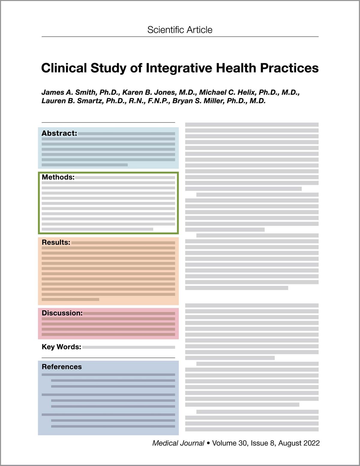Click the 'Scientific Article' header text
click(x=180, y=30)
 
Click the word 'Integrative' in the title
click(x=179, y=68)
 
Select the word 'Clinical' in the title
click(x=64, y=68)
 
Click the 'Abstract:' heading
click(x=59, y=133)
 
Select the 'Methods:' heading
click(x=58, y=177)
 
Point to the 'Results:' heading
click(x=56, y=242)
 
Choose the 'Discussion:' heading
click(x=62, y=313)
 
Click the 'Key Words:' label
click(x=61, y=347)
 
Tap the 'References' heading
click(x=62, y=367)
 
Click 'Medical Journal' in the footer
click(x=178, y=443)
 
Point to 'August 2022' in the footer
click(x=299, y=443)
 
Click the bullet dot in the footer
click(x=208, y=443)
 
